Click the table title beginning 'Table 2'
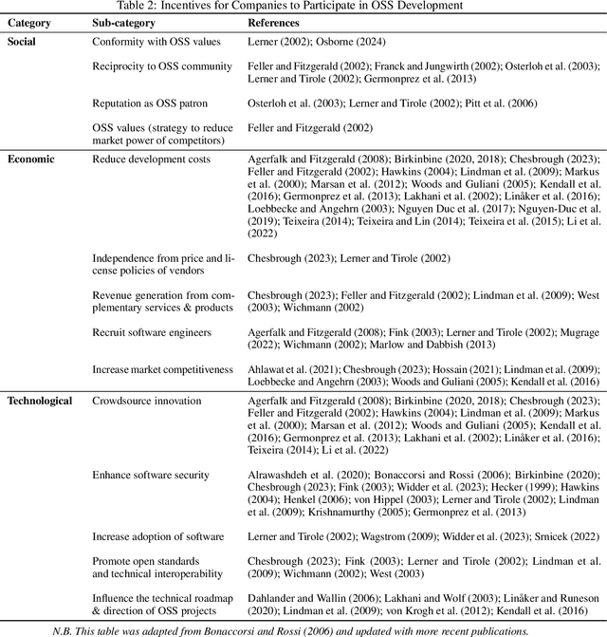click(303, 6)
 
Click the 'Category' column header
click(30, 22)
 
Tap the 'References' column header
click(273, 22)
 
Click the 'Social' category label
click(23, 42)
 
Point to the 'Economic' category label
click(30, 159)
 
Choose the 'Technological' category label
click(40, 401)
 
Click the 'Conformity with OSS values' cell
click(156, 42)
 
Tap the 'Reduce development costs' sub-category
click(151, 159)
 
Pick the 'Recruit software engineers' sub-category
click(152, 333)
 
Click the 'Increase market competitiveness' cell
click(162, 369)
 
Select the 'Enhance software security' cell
click(151, 475)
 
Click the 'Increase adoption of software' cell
click(157, 536)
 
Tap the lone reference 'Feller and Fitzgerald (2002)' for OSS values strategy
click(308, 128)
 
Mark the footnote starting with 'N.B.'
click(303, 629)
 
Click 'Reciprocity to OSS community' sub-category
click(161, 66)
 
